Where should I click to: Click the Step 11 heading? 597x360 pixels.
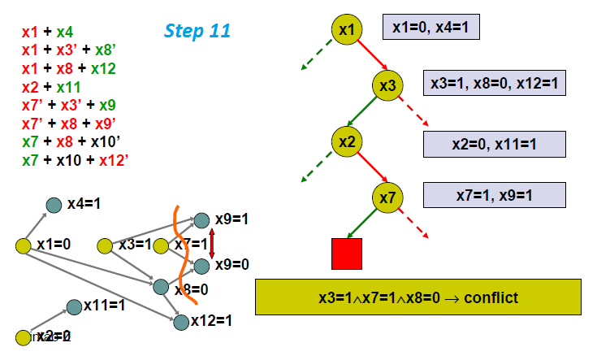197,32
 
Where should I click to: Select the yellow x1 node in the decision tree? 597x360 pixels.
347,30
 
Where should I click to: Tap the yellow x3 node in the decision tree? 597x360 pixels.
388,85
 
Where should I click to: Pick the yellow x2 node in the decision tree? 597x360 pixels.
347,141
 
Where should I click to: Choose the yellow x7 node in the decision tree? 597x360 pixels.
388,197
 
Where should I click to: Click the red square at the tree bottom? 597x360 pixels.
347,254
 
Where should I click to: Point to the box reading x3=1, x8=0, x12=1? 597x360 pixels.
494,83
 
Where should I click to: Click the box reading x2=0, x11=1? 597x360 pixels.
494,144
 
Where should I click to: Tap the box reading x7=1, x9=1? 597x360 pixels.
494,194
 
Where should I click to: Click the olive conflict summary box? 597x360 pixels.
418,297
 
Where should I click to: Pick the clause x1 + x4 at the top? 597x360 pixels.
48,33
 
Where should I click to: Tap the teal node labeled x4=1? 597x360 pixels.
54,206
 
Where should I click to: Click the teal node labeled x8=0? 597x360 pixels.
161,286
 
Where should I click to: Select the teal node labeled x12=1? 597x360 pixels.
181,322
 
